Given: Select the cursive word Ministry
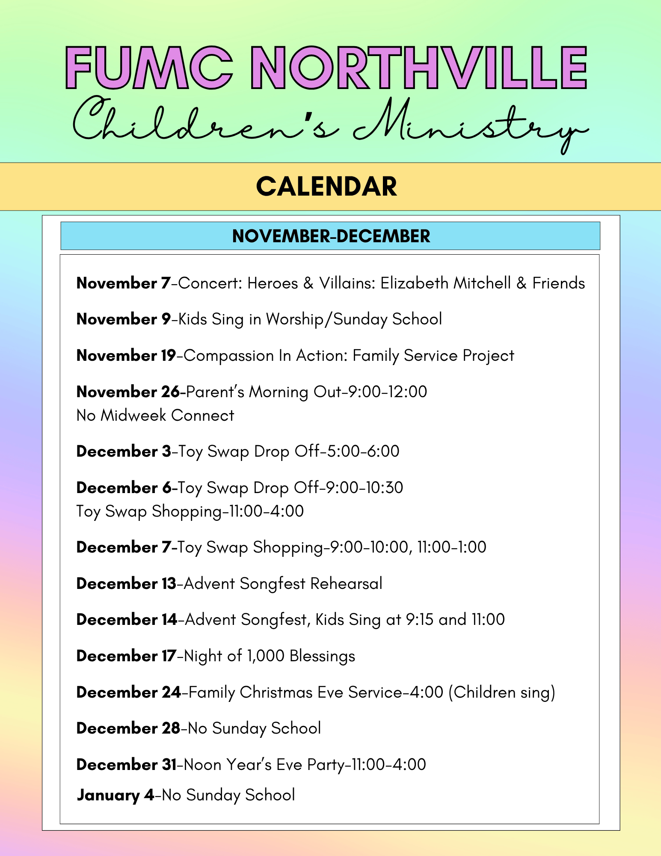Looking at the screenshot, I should pos(471,122).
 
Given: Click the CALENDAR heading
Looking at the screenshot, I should pos(326,187).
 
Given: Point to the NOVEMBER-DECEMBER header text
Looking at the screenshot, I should pos(331,236).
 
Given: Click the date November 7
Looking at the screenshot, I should pos(123,283).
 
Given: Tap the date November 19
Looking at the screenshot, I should pos(126,356).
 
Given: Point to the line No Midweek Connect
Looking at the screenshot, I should pos(155,416).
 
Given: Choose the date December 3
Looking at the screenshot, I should pos(124,452).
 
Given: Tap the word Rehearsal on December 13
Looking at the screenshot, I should pos(346,584).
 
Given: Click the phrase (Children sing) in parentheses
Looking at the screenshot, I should pos(501,693).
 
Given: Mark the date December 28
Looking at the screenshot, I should pos(128,728).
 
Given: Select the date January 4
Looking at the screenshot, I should pos(116,795).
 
